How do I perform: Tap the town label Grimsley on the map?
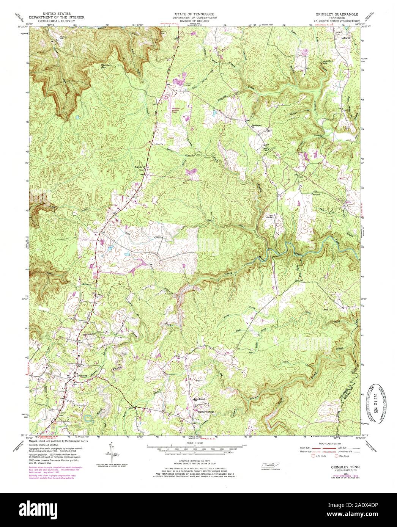coord(82,375)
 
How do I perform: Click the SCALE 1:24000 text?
coord(198,443)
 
